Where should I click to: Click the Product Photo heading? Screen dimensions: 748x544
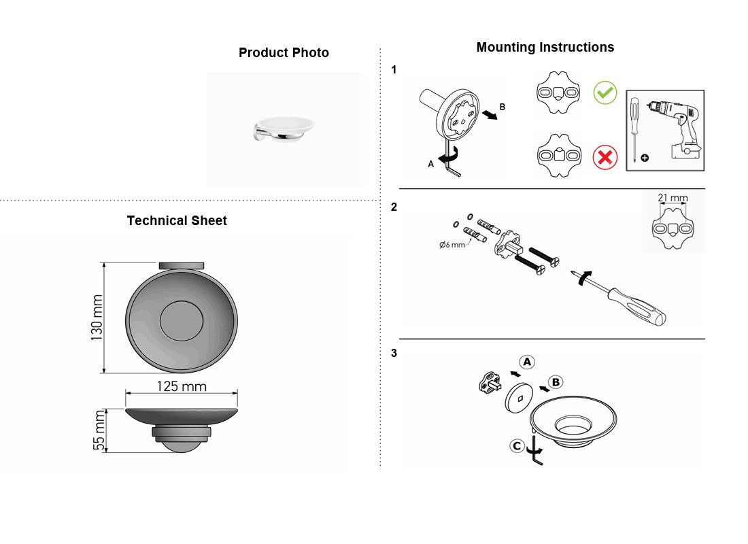click(x=284, y=52)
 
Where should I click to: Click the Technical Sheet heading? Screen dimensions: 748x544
click(x=177, y=220)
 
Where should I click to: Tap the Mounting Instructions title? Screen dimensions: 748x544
click(x=545, y=47)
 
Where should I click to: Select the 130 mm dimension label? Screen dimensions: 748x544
click(x=97, y=318)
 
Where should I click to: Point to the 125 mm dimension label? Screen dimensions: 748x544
click(x=182, y=386)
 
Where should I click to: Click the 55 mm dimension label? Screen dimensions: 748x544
click(x=99, y=430)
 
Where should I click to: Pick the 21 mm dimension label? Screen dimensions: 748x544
click(x=673, y=198)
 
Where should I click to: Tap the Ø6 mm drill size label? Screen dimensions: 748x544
click(x=452, y=245)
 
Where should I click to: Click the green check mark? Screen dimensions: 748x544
click(x=605, y=92)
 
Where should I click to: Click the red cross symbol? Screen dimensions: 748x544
click(x=605, y=158)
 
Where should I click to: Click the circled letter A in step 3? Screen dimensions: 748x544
click(x=526, y=362)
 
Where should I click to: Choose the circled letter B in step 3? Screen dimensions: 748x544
click(x=556, y=382)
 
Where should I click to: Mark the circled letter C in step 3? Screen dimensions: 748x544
click(x=517, y=446)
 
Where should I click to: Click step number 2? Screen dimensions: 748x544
click(x=394, y=207)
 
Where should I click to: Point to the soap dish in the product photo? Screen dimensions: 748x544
click(x=284, y=129)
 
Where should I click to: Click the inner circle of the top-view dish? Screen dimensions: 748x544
click(x=182, y=321)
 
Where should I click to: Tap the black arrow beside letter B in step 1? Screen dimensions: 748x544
click(x=490, y=115)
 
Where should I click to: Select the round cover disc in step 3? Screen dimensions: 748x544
click(x=519, y=396)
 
